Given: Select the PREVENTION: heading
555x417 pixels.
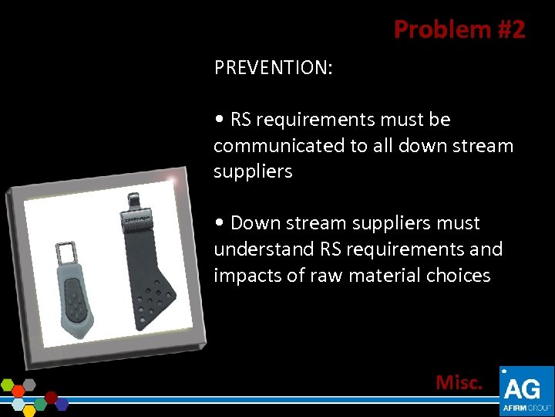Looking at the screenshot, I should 274,68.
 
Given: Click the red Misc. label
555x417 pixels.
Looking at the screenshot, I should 459,381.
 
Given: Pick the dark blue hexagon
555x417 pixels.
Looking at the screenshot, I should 62,403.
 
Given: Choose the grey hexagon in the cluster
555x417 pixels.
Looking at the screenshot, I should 29,384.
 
